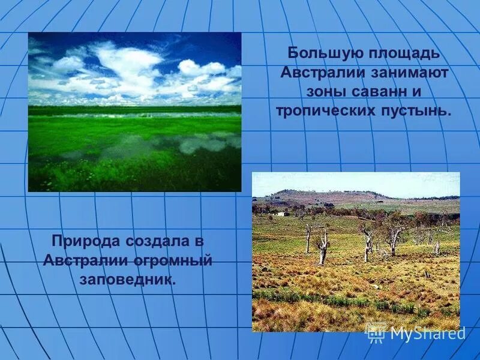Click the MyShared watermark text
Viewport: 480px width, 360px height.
[427, 334]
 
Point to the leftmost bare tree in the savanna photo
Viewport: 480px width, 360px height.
[308, 236]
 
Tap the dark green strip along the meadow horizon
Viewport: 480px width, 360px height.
[134, 109]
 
